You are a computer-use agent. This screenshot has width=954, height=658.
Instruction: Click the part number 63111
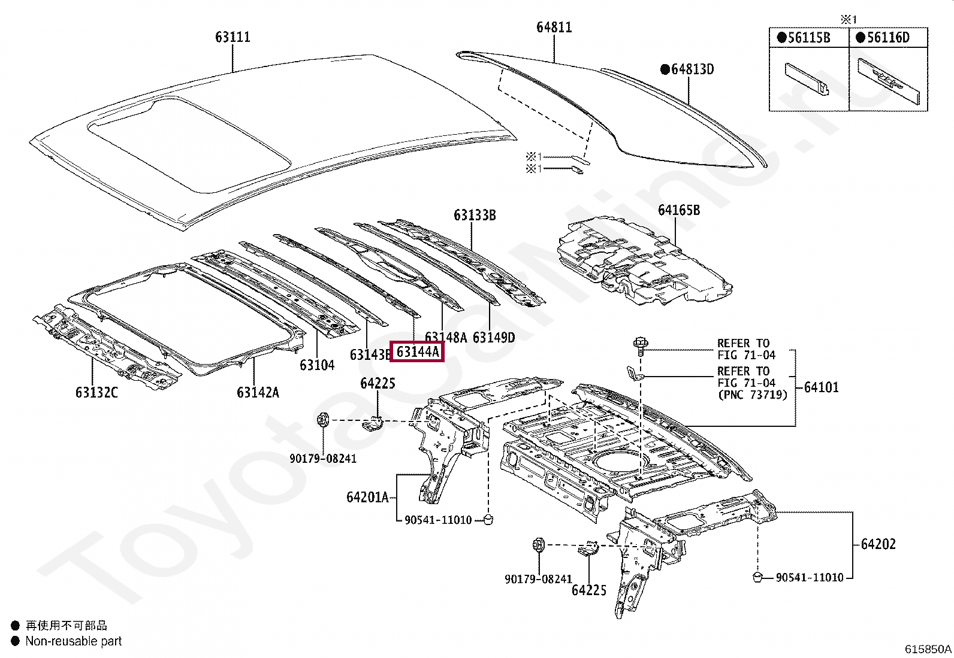(x=233, y=37)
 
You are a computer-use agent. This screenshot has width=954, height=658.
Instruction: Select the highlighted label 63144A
(x=417, y=351)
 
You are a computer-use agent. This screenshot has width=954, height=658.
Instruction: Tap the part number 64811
(x=554, y=28)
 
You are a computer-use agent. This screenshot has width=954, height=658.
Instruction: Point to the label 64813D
(x=692, y=69)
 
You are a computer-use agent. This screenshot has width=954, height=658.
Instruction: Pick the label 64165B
(x=678, y=210)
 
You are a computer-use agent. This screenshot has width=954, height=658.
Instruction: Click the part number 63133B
(x=475, y=216)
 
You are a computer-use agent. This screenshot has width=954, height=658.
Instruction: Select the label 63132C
(x=96, y=392)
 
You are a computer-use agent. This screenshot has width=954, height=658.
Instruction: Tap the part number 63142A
(x=258, y=392)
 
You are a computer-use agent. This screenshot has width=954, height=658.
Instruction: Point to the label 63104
(x=317, y=365)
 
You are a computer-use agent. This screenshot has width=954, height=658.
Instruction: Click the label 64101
(x=821, y=387)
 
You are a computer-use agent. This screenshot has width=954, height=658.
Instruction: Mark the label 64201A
(x=367, y=497)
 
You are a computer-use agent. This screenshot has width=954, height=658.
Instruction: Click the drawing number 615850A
(x=928, y=649)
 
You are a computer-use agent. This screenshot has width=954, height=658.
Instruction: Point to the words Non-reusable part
(x=73, y=641)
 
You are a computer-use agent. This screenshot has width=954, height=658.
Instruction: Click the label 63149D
(x=493, y=338)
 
